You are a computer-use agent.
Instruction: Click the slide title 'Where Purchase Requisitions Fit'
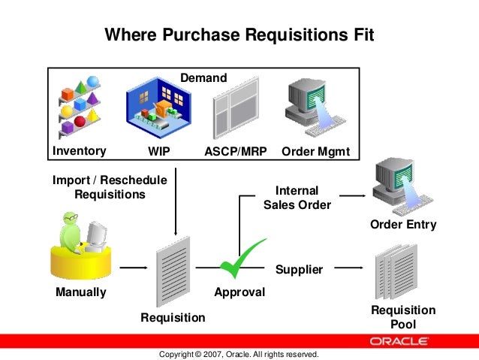[239, 35]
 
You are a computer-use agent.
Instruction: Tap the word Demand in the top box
[203, 77]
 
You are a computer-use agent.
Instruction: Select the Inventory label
[78, 151]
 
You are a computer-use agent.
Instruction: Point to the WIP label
[159, 151]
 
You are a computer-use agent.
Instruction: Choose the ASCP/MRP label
[236, 151]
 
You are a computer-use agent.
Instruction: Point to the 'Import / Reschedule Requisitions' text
[110, 187]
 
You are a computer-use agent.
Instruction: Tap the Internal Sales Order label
[297, 198]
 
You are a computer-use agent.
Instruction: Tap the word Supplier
[299, 269]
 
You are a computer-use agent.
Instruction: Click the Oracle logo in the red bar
[400, 340]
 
